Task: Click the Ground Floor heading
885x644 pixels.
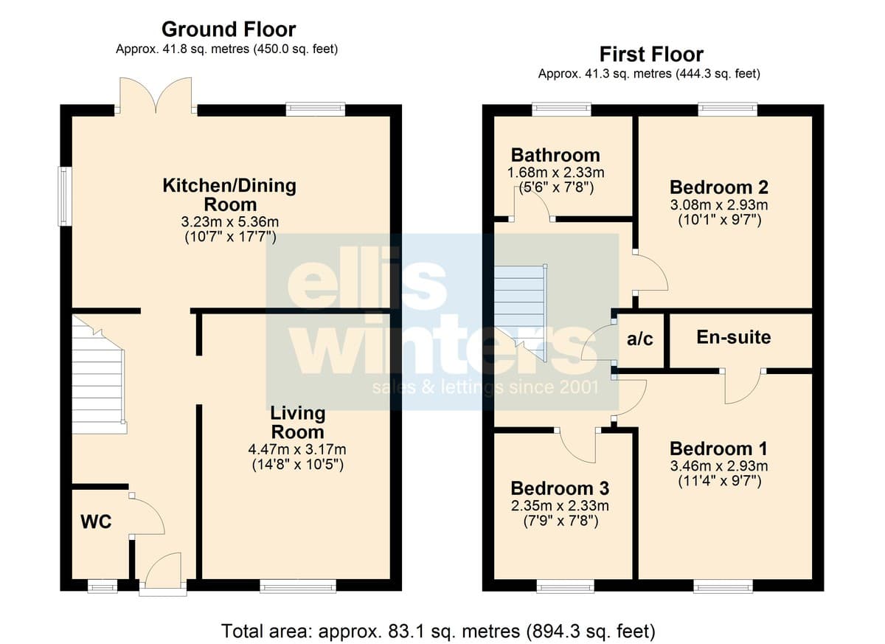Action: click(x=229, y=30)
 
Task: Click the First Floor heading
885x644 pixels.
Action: click(x=651, y=54)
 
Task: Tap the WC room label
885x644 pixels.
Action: click(x=96, y=522)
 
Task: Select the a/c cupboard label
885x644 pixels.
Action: click(x=640, y=339)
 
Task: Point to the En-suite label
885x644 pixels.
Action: click(x=734, y=337)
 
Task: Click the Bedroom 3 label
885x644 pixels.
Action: click(x=560, y=488)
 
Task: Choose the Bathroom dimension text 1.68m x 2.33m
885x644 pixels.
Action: click(x=556, y=173)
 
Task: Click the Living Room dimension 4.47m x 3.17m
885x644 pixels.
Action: click(x=297, y=449)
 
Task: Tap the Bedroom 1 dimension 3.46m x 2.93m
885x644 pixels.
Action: click(x=719, y=466)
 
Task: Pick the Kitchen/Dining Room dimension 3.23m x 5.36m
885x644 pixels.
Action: click(x=230, y=221)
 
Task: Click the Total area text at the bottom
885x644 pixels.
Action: click(x=438, y=631)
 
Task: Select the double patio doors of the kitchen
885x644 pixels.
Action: click(x=156, y=95)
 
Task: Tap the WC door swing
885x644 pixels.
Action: click(x=148, y=513)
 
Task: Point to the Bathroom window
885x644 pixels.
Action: click(x=561, y=109)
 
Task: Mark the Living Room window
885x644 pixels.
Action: click(x=298, y=586)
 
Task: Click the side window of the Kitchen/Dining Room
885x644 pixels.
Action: click(x=65, y=196)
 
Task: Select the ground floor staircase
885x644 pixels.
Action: click(x=99, y=375)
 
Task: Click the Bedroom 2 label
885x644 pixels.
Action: click(x=719, y=187)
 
